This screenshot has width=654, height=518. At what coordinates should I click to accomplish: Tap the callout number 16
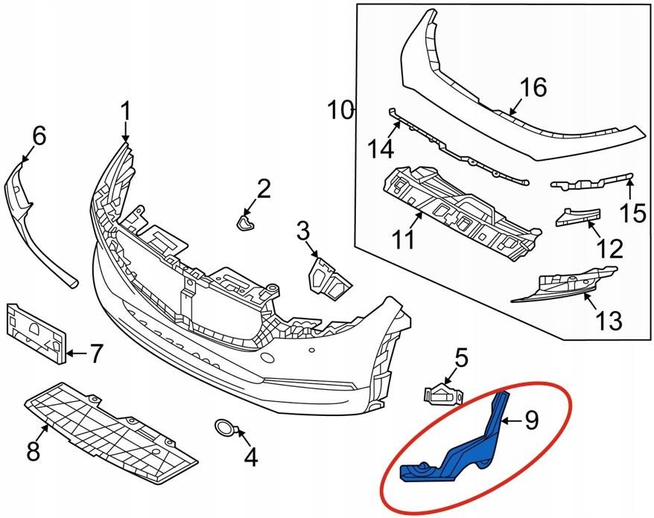533,88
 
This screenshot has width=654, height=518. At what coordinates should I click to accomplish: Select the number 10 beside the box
341,111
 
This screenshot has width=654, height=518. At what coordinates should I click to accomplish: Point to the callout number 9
530,421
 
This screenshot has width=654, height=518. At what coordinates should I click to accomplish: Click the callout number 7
95,354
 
